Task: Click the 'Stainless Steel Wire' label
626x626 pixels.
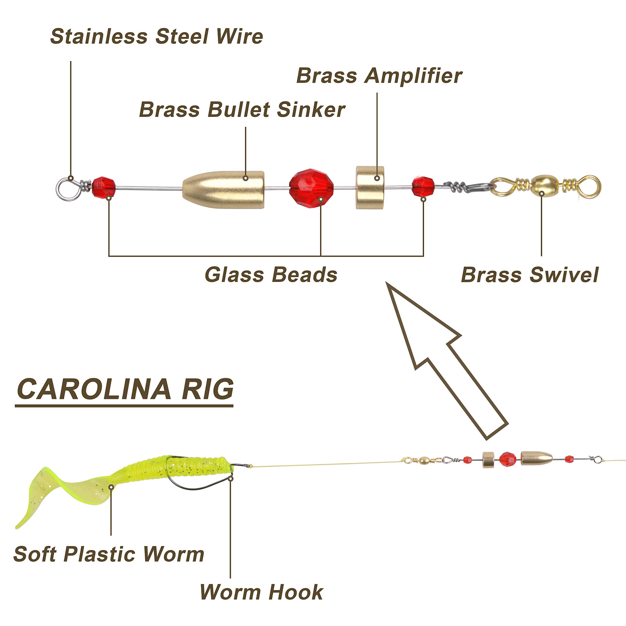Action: pos(156,36)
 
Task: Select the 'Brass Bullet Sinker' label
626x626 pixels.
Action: pos(242,110)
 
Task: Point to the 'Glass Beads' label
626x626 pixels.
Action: pos(271,275)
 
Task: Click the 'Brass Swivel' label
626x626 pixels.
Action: pos(530,275)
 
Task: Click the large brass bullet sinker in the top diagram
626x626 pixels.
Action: pos(223,190)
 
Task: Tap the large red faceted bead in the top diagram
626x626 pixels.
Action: pos(311,188)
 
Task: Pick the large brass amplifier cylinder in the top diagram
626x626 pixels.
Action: pos(370,188)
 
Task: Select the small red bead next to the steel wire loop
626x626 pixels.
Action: pos(104,187)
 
